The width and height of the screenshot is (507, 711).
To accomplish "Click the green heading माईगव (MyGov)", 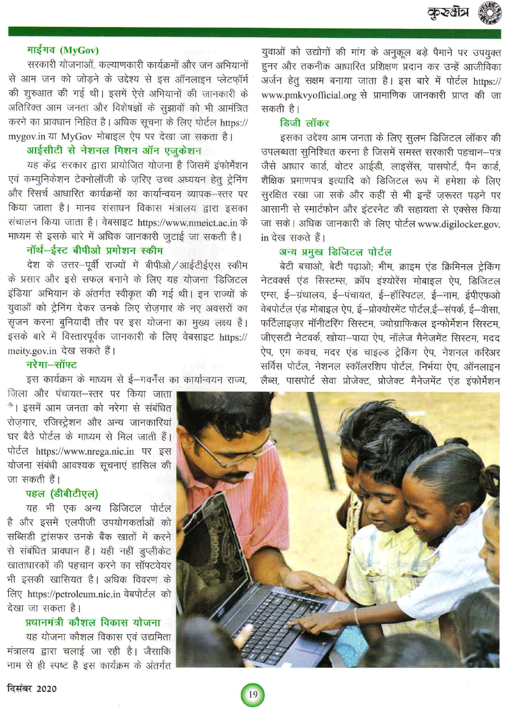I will pyautogui.click(x=63, y=50).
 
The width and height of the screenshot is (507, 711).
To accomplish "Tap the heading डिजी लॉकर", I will pyautogui.click(x=304, y=123).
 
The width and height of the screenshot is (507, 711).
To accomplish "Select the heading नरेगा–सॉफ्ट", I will pyautogui.click(x=51, y=365).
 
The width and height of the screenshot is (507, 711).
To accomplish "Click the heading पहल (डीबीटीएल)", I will pyautogui.click(x=62, y=493).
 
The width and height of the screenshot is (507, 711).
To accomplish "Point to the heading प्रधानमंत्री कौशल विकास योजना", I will pyautogui.click(x=93, y=622).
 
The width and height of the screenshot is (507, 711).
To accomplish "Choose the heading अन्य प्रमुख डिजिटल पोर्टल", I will pyautogui.click(x=335, y=252).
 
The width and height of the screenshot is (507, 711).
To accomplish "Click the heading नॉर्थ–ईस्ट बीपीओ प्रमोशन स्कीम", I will pyautogui.click(x=95, y=250).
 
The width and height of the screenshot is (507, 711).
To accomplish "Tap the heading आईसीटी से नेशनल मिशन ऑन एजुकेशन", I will pyautogui.click(x=114, y=150).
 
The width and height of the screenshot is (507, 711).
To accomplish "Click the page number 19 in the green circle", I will pyautogui.click(x=252, y=694).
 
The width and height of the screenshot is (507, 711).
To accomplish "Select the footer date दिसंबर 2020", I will pyautogui.click(x=32, y=689).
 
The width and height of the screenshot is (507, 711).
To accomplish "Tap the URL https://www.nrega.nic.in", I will pyautogui.click(x=85, y=451).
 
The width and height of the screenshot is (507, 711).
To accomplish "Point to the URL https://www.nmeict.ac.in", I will pyautogui.click(x=188, y=222).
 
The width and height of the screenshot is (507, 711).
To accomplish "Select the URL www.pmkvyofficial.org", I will pyautogui.click(x=309, y=95).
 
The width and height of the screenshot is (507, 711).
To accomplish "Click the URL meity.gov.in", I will pyautogui.click(x=32, y=351).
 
